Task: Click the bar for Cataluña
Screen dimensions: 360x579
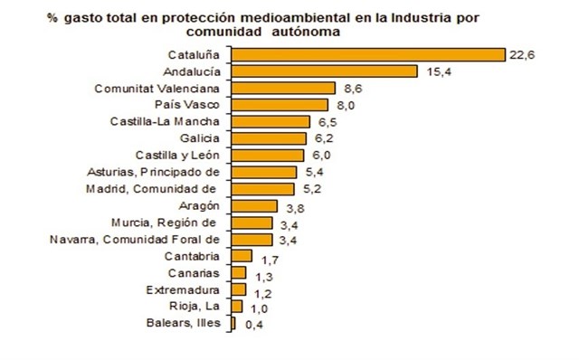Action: pos(367,54)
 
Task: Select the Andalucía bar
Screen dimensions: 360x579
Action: pos(324,71)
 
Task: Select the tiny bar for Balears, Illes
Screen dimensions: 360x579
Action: pos(233,323)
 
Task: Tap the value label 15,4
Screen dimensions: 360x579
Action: pos(434,71)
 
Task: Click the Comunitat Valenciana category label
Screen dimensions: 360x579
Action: pos(157,89)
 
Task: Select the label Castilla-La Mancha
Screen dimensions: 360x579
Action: pos(164,122)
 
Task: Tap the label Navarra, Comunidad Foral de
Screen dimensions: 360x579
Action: pos(133,240)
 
